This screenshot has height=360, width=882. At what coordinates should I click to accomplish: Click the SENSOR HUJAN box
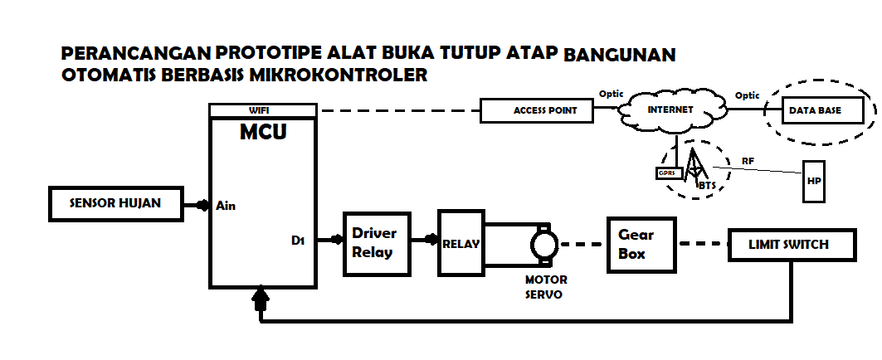point(115,203)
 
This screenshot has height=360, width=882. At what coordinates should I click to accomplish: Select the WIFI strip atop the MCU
point(263,110)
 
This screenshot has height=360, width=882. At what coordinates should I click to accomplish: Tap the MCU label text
point(263,132)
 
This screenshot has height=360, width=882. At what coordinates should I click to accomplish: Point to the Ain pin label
point(226,205)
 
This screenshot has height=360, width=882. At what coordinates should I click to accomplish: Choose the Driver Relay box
point(377,244)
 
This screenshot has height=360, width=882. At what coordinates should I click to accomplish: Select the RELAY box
point(461,243)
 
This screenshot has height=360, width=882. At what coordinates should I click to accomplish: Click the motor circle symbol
point(544,245)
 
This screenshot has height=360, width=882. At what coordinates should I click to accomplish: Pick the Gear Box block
point(642,245)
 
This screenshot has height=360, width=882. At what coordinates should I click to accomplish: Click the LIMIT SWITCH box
point(789,245)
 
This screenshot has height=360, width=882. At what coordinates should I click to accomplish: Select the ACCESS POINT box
point(538,110)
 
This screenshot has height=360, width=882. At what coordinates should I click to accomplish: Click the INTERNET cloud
point(670,110)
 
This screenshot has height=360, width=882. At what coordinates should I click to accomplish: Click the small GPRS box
point(666,174)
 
